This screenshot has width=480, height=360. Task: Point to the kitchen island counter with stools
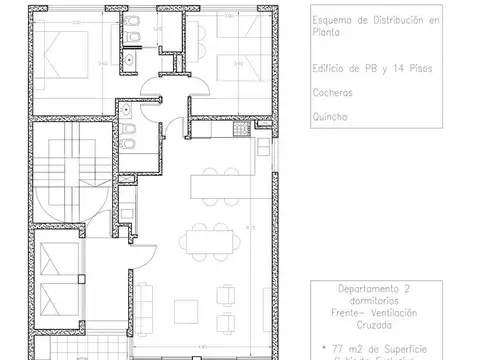pos(214,185)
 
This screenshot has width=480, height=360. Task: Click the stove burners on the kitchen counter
pos(238,130)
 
